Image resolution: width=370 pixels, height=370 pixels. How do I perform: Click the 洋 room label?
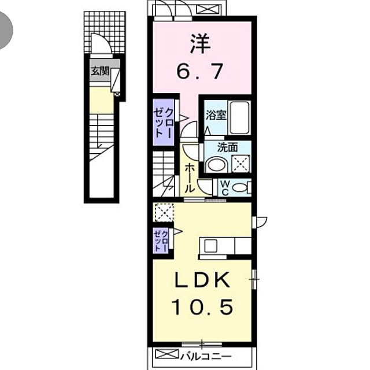coord(200,43)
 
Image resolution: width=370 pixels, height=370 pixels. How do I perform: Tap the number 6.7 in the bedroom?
coord(199,71)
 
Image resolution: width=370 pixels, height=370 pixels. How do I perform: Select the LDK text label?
coord(202,280)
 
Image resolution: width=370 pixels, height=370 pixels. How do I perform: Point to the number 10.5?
coord(202,307)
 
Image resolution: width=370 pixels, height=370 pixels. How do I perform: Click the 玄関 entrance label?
coord(100,71)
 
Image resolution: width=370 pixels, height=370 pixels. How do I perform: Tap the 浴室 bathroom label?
coord(216,115)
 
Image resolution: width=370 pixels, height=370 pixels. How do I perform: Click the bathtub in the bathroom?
coord(239,118)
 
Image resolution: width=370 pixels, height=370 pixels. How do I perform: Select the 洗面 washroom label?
coord(227,147)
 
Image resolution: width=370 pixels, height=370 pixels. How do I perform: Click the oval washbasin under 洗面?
coord(216,165)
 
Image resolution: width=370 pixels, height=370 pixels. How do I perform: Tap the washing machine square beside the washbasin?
coord(240,164)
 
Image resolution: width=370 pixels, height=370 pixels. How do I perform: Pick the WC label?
coord(225,188)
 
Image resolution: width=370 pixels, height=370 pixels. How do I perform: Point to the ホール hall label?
coord(189,179)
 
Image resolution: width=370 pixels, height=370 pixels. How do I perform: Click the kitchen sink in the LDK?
coord(210,246)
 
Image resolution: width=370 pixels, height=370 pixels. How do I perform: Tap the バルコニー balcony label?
coord(206,357)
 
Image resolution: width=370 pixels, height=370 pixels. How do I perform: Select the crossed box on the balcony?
coord(167,354)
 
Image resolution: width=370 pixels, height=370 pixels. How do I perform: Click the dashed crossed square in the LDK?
coord(164,212)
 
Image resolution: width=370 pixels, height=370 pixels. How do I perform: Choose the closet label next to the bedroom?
coord(163,122)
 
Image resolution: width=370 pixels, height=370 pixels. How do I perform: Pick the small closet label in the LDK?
coord(161,240)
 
